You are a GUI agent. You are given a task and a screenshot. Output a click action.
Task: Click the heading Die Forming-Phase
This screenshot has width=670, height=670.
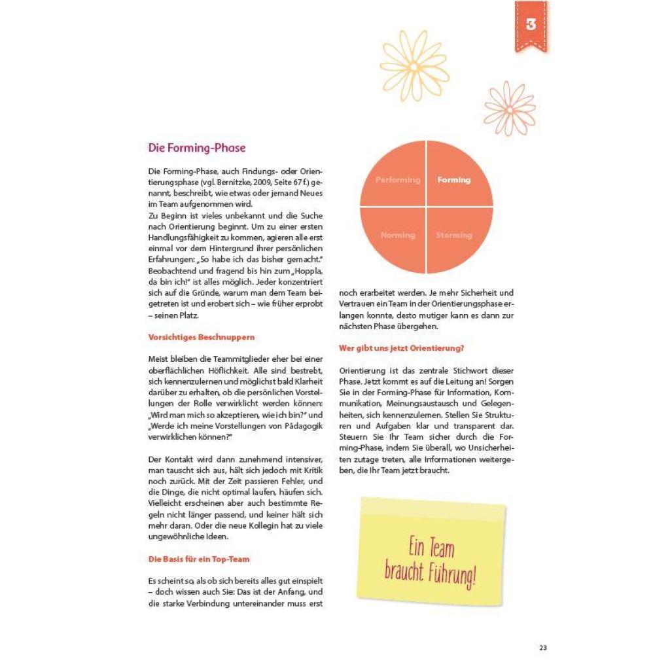[x=197, y=148]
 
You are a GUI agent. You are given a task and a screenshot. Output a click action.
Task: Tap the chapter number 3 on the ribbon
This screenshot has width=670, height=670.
[x=531, y=26]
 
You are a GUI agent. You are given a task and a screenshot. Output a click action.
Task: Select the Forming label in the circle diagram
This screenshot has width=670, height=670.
[x=454, y=180]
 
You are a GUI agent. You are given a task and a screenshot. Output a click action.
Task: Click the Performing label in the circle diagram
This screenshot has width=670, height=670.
[x=398, y=180]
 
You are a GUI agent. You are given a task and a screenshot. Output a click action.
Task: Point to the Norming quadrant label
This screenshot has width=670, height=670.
[x=398, y=235]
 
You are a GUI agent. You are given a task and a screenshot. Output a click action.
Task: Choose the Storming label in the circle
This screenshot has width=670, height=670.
[x=454, y=235]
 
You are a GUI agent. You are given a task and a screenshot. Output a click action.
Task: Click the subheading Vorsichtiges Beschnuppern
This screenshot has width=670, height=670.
[x=202, y=338]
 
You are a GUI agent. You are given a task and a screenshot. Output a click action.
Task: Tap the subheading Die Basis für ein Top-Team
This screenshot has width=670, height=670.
[x=199, y=559]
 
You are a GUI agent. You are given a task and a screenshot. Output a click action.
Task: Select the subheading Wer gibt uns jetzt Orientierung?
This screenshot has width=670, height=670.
[x=402, y=348]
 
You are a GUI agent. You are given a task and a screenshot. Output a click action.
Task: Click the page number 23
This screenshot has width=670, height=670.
[x=543, y=648]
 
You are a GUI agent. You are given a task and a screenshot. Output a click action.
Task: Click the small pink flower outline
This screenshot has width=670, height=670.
[x=510, y=107]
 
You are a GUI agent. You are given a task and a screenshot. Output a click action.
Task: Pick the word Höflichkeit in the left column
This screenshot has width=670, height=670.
[x=228, y=370]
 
